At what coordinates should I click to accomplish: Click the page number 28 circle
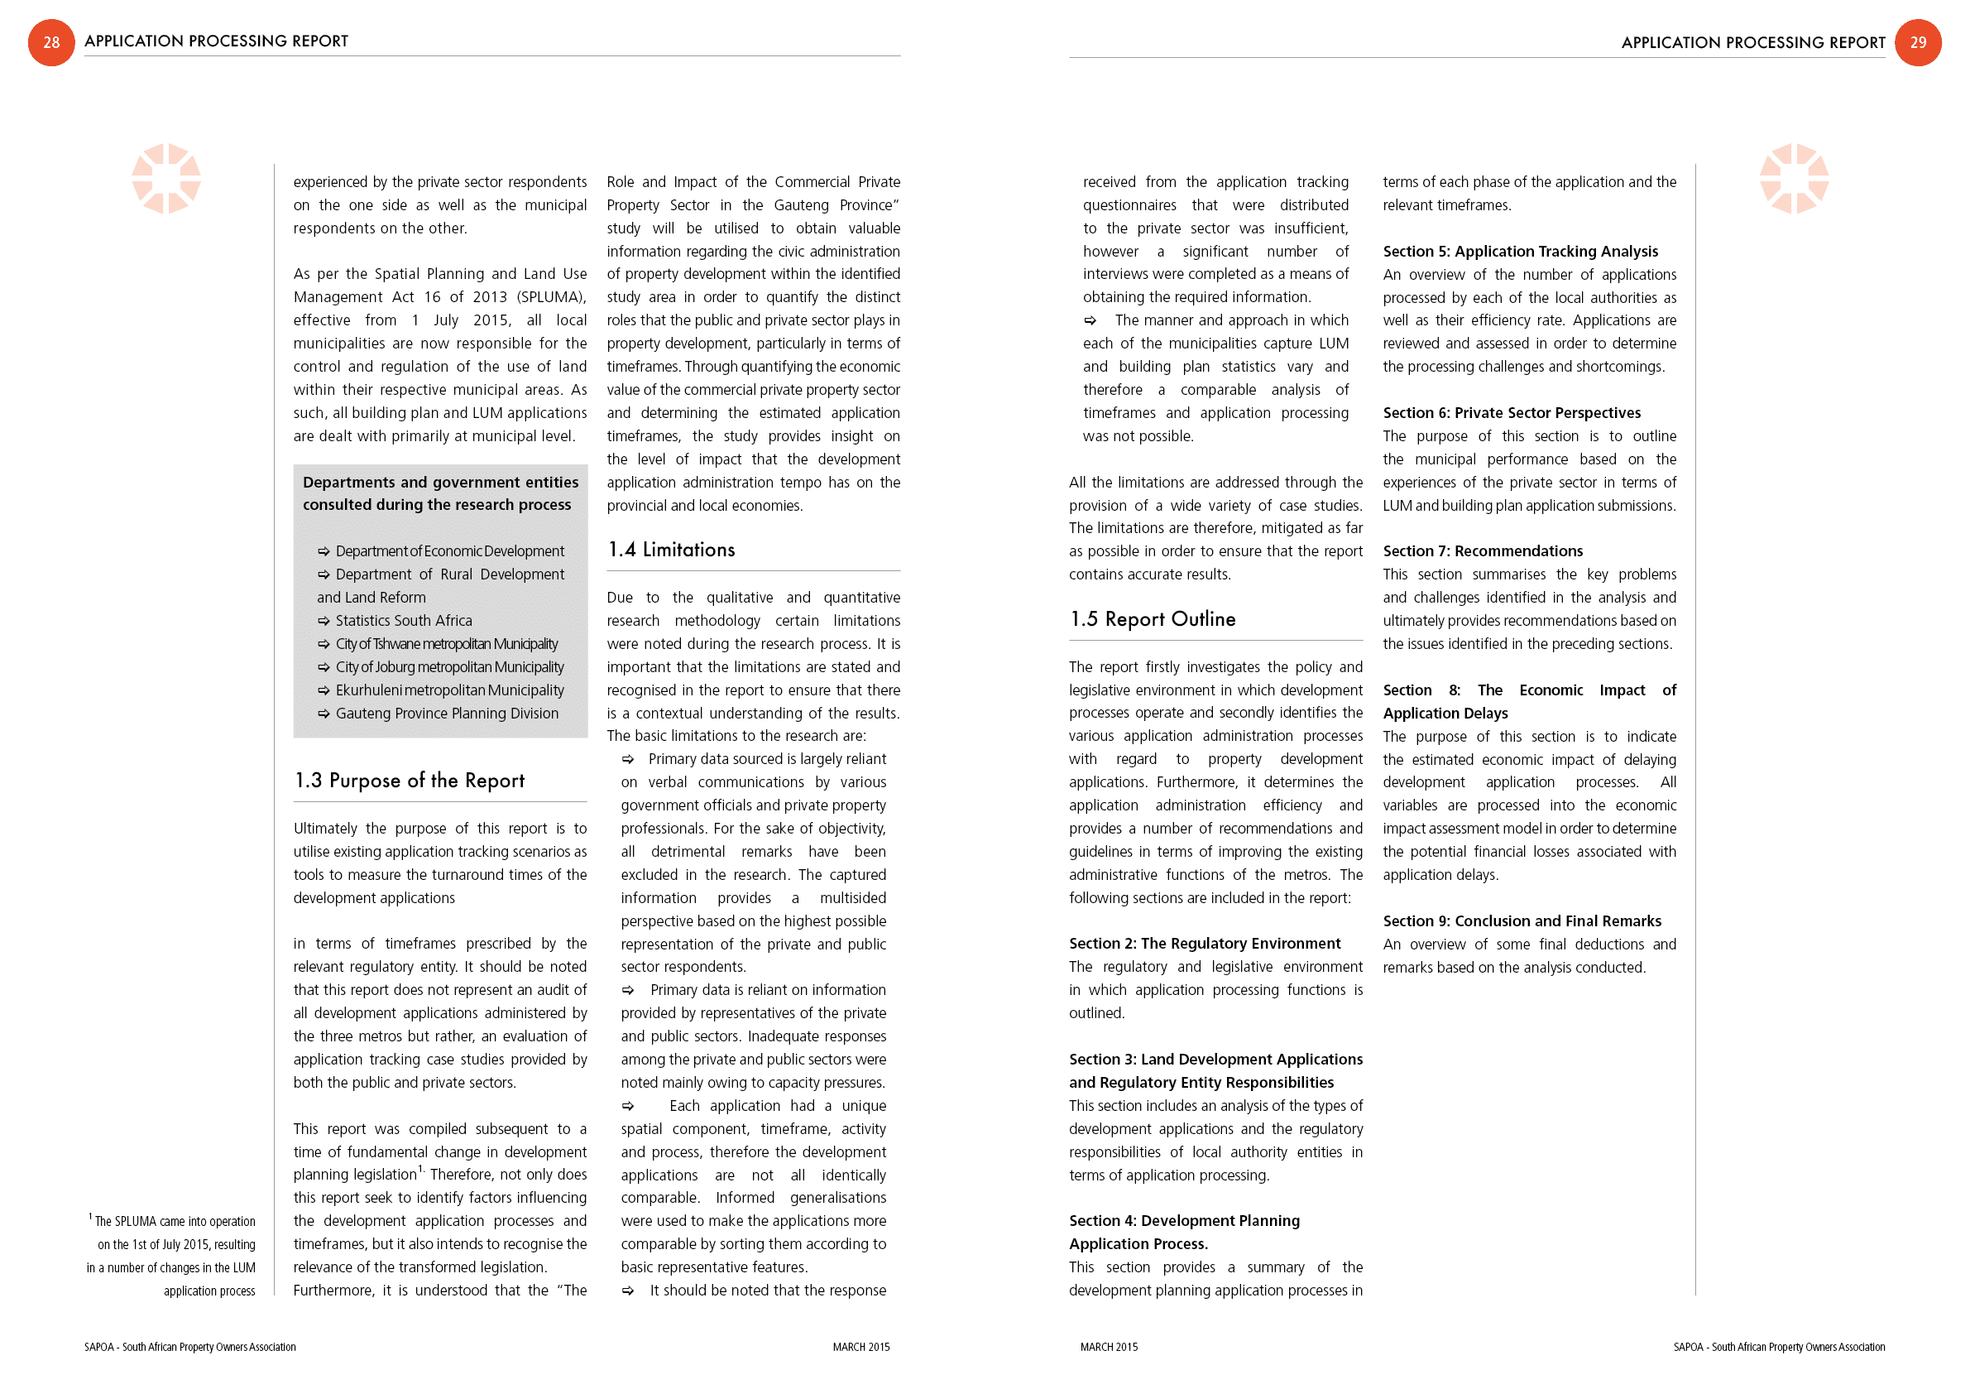(51, 42)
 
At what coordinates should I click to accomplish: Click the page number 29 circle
(1918, 42)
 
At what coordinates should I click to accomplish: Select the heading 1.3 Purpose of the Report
(410, 781)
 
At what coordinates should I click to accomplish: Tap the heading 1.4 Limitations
(671, 550)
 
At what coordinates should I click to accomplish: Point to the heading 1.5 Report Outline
(1153, 619)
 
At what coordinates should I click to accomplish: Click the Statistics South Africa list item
(403, 621)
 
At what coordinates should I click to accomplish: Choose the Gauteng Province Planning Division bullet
(446, 714)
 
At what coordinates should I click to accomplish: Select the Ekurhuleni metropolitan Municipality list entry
(449, 690)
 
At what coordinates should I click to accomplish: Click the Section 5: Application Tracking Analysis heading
(1520, 252)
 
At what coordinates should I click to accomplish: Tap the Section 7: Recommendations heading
(1483, 551)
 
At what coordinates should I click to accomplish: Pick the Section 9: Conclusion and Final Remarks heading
(1522, 921)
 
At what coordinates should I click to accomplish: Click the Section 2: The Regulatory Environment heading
(1204, 944)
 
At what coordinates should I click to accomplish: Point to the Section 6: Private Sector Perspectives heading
(1511, 413)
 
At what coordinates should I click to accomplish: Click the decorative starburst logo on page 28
(165, 179)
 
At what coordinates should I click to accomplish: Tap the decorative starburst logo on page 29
(1793, 179)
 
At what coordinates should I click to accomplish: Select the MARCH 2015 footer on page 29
(1109, 1347)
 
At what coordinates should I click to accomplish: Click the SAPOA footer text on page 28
(189, 1347)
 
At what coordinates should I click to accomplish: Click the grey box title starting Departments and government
(440, 493)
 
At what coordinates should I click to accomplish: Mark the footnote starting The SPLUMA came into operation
(172, 1255)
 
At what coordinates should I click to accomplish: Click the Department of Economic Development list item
(449, 551)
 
